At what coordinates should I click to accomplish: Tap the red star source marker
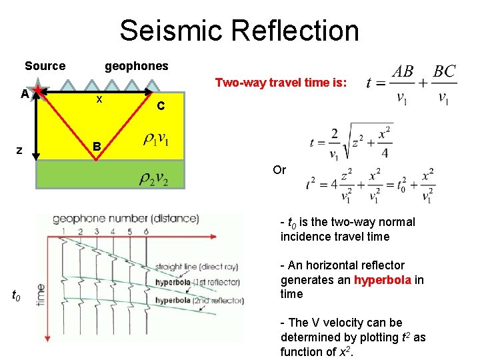coord(40,91)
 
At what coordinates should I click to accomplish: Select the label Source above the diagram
coord(45,66)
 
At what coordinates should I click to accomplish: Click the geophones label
coord(137,66)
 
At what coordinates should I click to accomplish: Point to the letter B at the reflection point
coord(97,146)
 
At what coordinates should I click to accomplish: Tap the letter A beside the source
coord(24,94)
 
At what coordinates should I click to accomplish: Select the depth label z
coord(20,151)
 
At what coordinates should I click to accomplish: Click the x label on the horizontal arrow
coord(99,99)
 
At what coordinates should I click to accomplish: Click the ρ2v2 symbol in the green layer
coord(154,178)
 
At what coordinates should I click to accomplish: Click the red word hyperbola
coord(383,279)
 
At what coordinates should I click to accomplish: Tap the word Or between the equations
coord(279,170)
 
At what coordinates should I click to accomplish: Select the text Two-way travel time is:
coord(280,83)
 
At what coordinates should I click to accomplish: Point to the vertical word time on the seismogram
coord(41,293)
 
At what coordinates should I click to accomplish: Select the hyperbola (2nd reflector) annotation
coord(199,301)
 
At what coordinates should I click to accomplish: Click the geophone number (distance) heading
coord(125,218)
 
